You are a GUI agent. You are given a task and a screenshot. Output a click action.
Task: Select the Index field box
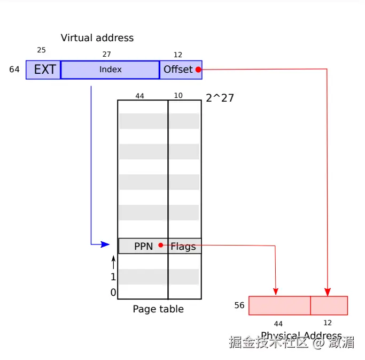point(110,70)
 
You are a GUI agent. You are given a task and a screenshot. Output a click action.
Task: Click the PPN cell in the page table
point(143,246)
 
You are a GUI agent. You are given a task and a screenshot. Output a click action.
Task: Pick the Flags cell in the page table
point(184,247)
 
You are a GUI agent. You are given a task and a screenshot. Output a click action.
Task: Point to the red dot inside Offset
point(198,70)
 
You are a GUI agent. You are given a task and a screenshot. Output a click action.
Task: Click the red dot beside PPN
point(161,246)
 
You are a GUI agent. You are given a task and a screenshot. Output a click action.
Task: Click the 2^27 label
point(220,98)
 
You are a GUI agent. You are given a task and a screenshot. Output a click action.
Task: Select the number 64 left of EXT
point(14,70)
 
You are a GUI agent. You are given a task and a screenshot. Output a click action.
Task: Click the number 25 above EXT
point(41,50)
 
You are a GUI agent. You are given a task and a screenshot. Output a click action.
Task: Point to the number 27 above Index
point(106,55)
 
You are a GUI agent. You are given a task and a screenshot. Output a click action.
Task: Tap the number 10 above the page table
point(178,96)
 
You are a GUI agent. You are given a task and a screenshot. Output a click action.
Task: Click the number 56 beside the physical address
point(239,305)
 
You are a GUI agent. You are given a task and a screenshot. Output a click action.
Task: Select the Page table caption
point(158,309)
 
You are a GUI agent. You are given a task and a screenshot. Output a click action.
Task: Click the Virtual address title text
point(97,38)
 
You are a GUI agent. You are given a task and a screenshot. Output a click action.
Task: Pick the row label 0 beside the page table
point(113,293)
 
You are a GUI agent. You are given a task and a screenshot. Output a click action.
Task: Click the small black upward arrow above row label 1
point(113,262)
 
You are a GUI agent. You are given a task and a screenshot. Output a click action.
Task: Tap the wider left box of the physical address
point(279,305)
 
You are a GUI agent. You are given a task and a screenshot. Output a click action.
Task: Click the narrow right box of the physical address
point(329,305)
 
